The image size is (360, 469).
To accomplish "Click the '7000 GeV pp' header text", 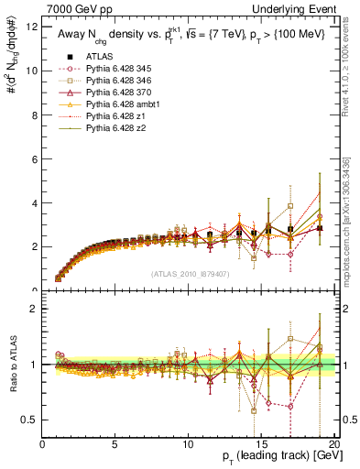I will click(75, 8).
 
